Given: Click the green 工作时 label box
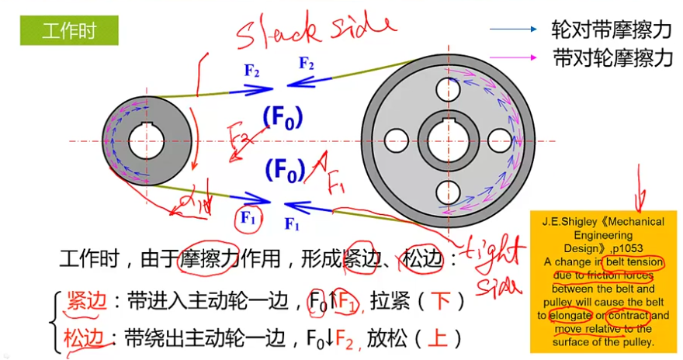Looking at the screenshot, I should pyautogui.click(x=69, y=31).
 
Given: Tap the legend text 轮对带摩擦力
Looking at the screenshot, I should pyautogui.click(x=612, y=29).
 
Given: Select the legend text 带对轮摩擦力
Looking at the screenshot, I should pyautogui.click(x=612, y=57).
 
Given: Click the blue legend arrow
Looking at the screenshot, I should pyautogui.click(x=513, y=29).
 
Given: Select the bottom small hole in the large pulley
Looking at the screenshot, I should pyautogui.click(x=449, y=192).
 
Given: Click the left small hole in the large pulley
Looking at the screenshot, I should pyautogui.click(x=397, y=140).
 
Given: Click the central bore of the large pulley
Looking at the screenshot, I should pyautogui.click(x=449, y=140).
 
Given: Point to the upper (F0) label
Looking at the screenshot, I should pyautogui.click(x=283, y=117).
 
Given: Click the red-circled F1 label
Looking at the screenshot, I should pyautogui.click(x=248, y=220).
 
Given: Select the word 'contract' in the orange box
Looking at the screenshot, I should pyautogui.click(x=629, y=316).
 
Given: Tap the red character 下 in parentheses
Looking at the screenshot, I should pyautogui.click(x=442, y=301).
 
